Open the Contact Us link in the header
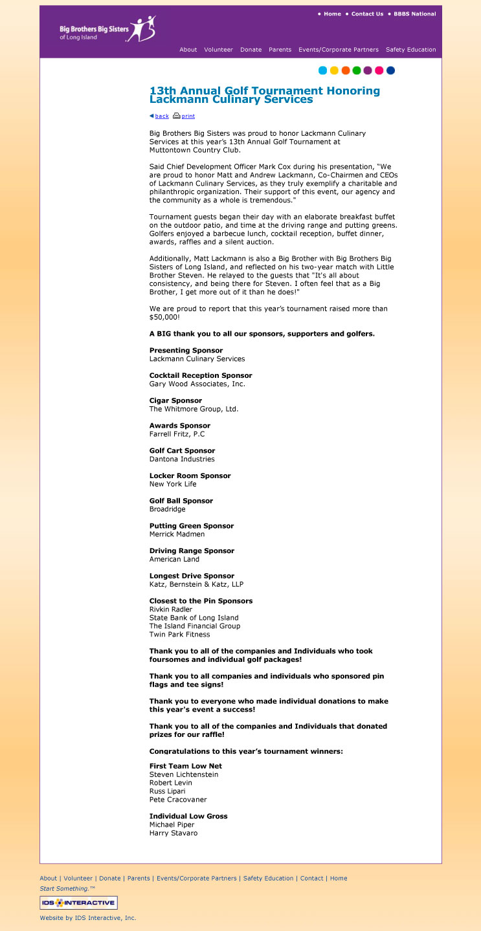coord(367,14)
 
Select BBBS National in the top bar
coord(414,14)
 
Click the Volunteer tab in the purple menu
coord(218,50)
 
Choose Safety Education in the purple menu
coord(410,50)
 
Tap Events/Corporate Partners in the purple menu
coord(339,50)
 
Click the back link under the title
coord(162,116)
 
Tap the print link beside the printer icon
coord(188,116)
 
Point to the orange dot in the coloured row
coord(346,71)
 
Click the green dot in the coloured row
coord(357,71)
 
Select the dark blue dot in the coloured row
coord(390,71)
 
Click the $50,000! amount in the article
coord(164,318)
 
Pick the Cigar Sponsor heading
coord(175,400)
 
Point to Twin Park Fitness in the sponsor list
coord(179,635)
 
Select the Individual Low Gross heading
coord(188,816)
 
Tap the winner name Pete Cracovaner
coord(178,800)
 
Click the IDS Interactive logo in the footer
coord(78,903)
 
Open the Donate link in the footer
coord(110,879)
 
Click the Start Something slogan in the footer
coord(67,889)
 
